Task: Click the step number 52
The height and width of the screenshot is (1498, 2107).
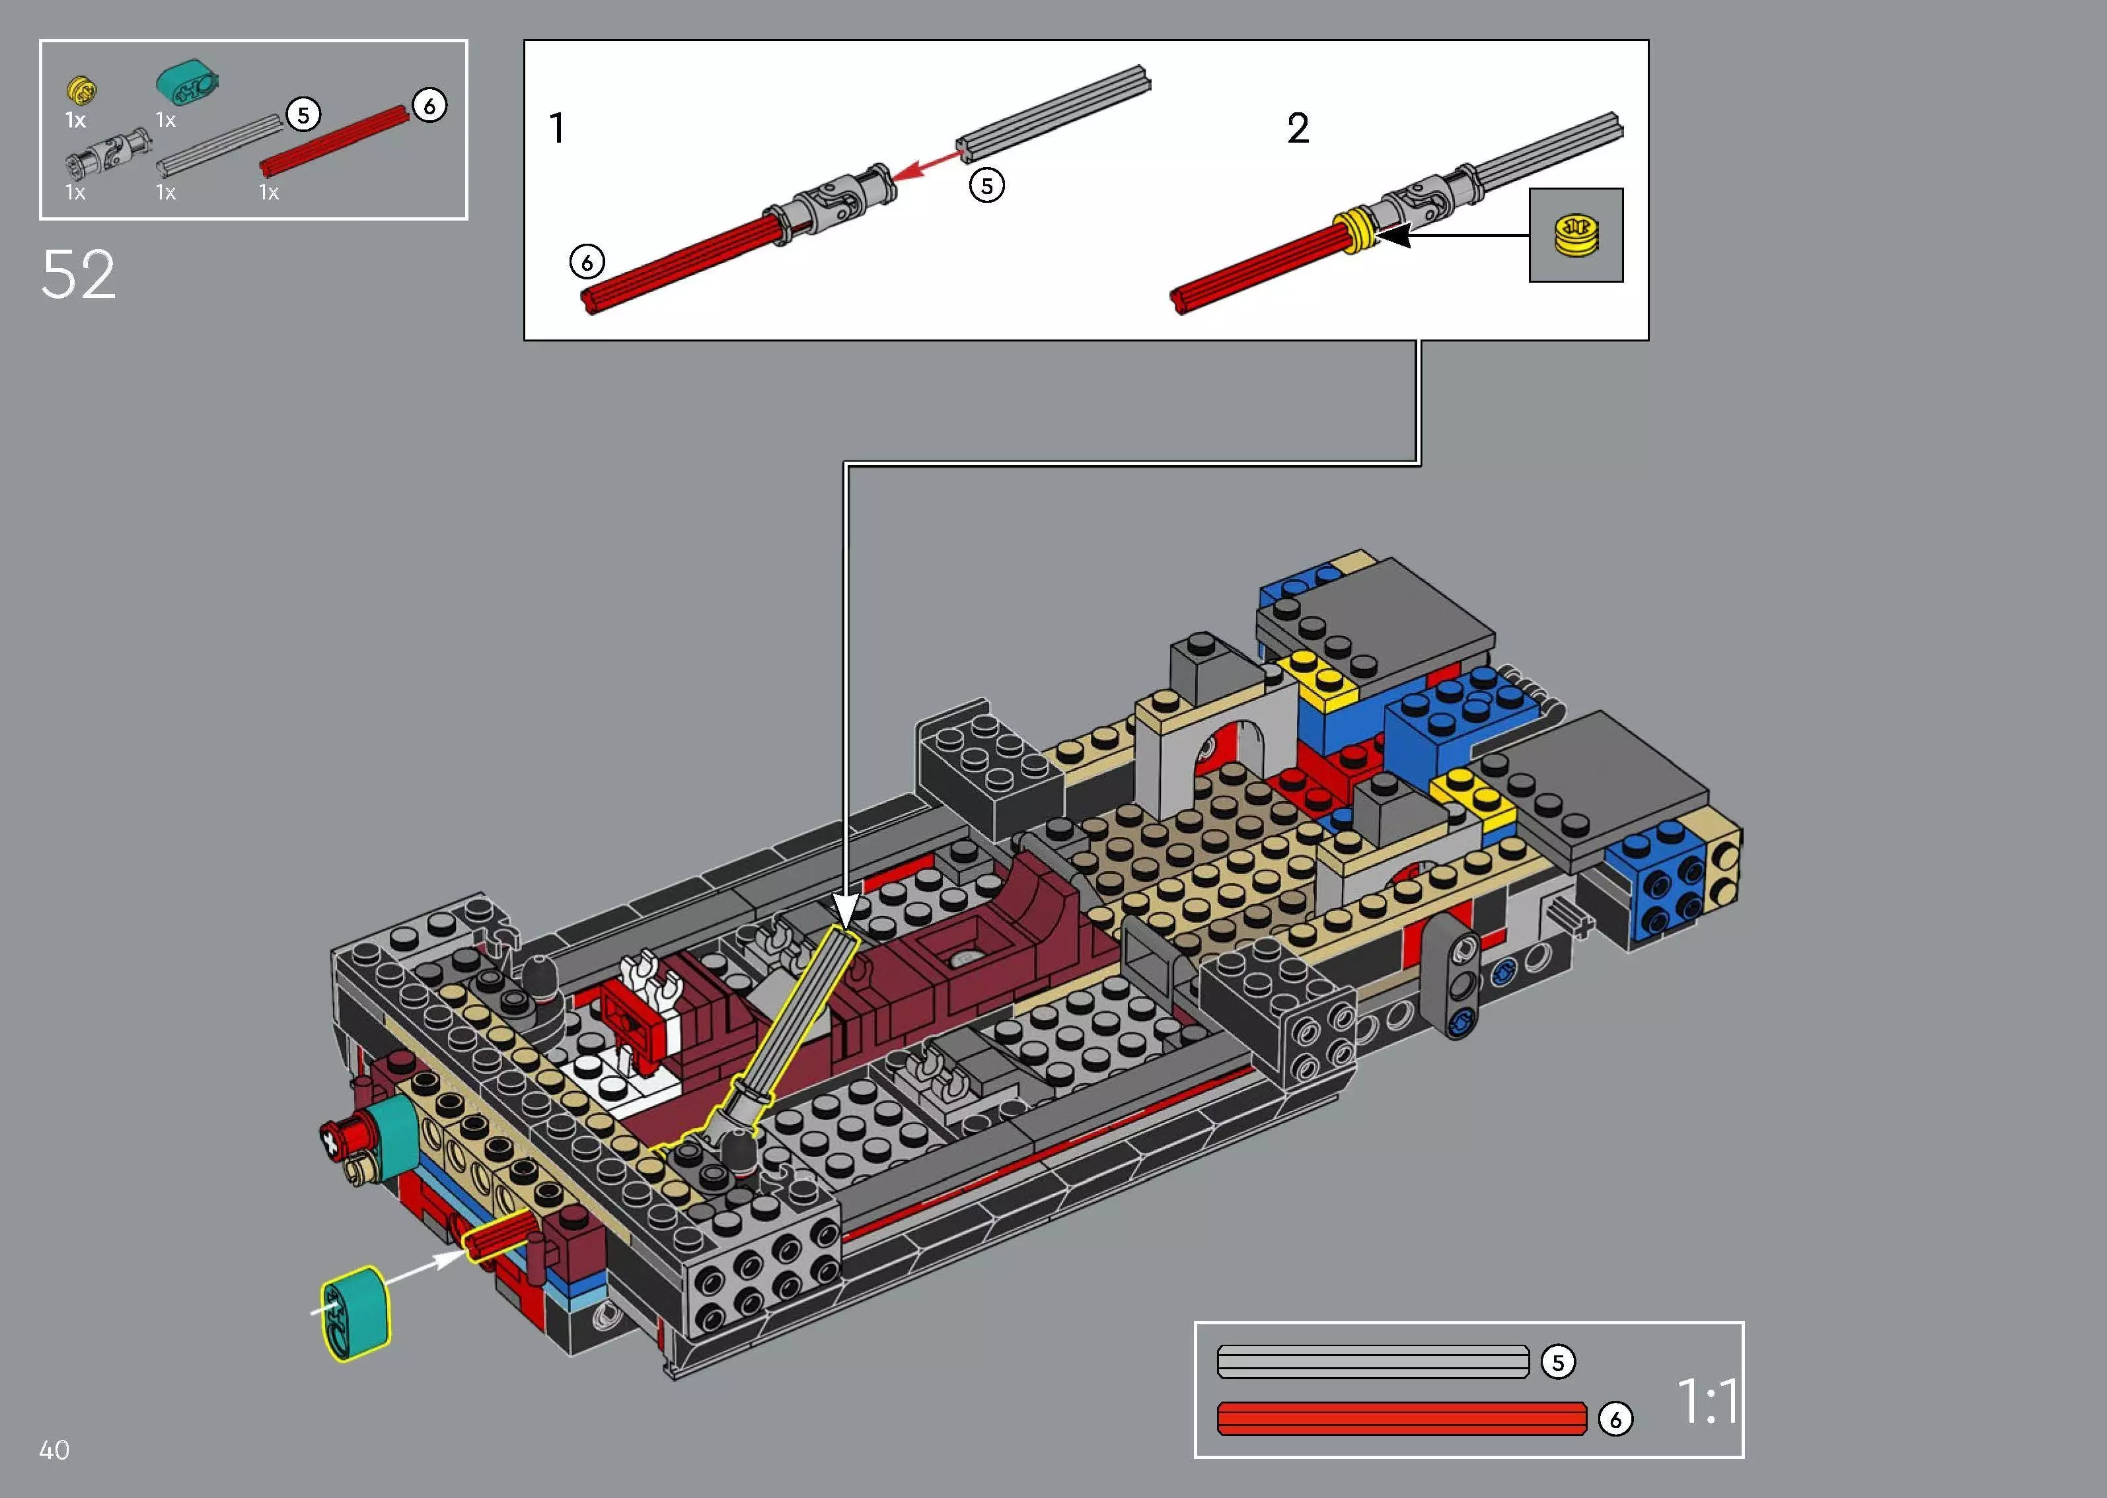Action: [x=79, y=275]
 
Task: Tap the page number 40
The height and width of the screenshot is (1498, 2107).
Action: [x=54, y=1450]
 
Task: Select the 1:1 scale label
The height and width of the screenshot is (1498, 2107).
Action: [x=1706, y=1401]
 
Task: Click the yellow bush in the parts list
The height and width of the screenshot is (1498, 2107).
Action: [x=82, y=89]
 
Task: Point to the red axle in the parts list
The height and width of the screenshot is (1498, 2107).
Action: [x=334, y=141]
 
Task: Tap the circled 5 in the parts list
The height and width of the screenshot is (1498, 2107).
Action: [x=303, y=116]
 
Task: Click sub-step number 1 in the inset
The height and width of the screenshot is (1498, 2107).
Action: [x=556, y=128]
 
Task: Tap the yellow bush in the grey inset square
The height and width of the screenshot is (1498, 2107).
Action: [x=1576, y=234]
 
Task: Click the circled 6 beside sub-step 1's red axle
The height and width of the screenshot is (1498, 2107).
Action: [x=587, y=262]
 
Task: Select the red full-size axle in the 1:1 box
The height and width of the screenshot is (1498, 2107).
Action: [x=1400, y=1419]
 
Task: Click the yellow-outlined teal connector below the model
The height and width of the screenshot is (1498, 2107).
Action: [x=356, y=1314]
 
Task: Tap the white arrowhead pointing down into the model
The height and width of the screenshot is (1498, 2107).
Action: [x=846, y=909]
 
